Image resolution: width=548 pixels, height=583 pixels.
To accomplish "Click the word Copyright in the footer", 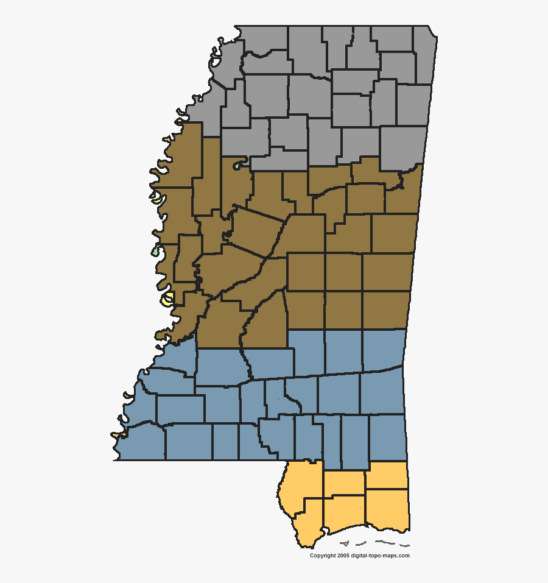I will pos(323,556).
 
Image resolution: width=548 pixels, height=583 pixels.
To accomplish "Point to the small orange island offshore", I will pos(345,543).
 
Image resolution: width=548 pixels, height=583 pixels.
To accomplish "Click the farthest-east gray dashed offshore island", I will pos(404,545).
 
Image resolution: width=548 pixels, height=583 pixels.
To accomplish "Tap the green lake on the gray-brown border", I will pos(237,165).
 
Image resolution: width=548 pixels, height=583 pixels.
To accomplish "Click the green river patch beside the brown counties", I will pos(156,251).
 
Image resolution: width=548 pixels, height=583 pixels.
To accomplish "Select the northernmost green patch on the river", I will pos(215,61).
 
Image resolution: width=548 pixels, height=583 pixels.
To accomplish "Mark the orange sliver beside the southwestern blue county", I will pos(118,435).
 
